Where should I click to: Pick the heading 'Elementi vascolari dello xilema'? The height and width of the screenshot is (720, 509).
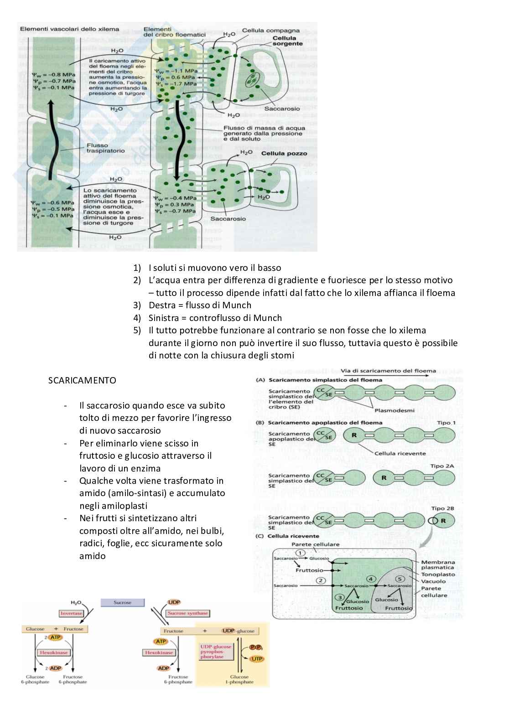(69, 29)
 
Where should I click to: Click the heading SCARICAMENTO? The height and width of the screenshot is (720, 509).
(82, 380)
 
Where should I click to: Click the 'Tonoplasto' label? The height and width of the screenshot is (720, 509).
(438, 575)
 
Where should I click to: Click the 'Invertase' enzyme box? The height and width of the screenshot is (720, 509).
(71, 613)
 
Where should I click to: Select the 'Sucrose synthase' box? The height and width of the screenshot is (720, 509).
(188, 613)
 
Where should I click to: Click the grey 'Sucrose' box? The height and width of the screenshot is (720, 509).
(122, 602)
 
